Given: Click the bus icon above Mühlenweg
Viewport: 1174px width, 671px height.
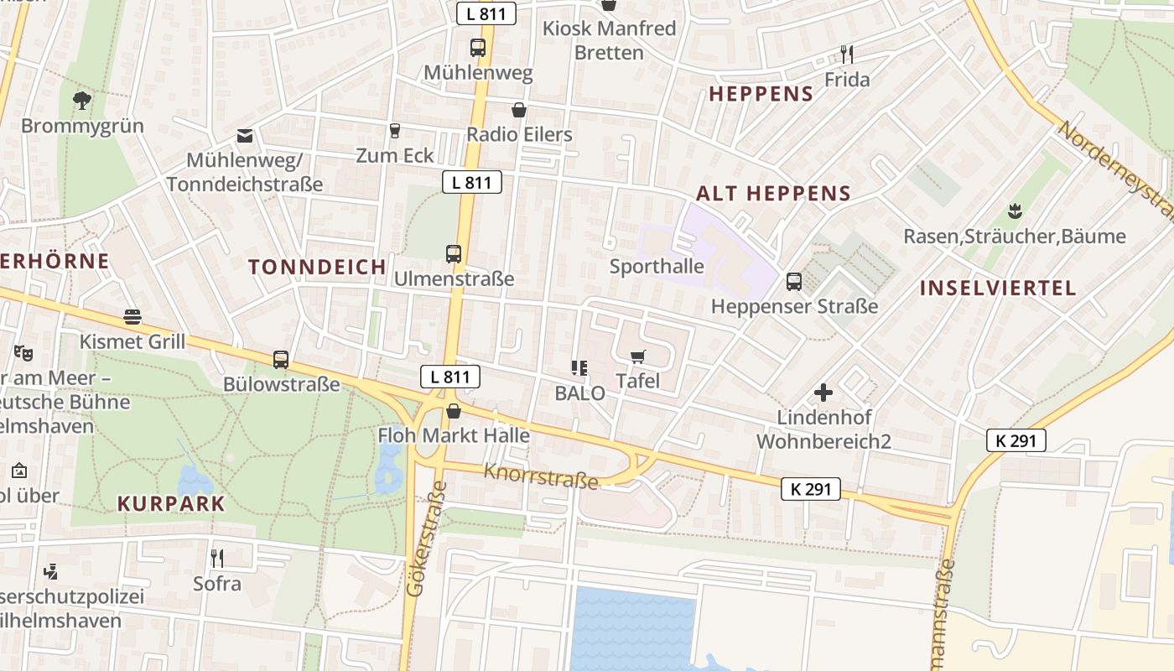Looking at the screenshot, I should [x=478, y=48].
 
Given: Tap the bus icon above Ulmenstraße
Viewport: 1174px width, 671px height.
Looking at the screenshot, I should [x=454, y=253].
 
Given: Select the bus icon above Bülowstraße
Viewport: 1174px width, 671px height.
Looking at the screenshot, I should [x=281, y=360].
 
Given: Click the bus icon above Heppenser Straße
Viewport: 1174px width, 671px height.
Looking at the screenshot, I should [x=794, y=282].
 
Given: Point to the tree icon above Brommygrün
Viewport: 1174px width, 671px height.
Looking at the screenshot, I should [x=82, y=101].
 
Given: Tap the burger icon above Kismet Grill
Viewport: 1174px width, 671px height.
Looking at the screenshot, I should [x=132, y=317].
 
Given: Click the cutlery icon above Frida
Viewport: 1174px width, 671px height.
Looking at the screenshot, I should [x=847, y=55].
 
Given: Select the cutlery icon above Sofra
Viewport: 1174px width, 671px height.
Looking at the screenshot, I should [x=217, y=558].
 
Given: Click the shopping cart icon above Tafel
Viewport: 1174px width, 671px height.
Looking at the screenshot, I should [x=638, y=356].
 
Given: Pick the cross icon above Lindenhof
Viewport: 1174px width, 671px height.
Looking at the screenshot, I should [x=823, y=392].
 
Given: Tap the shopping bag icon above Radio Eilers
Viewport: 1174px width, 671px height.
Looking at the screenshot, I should [x=519, y=110].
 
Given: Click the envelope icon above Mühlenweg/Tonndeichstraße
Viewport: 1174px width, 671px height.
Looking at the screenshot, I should [x=244, y=136].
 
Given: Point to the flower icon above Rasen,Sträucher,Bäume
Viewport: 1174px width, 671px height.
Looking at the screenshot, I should [x=1015, y=210].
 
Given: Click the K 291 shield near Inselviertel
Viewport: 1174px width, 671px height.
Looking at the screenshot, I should [x=1016, y=440].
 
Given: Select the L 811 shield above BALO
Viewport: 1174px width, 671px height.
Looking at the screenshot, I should [x=450, y=377].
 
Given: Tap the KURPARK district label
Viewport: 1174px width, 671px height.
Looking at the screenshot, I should [x=171, y=504].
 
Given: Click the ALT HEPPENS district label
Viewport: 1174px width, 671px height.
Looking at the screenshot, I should [x=773, y=194].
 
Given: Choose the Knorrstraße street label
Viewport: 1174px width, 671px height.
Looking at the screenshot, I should [x=541, y=476].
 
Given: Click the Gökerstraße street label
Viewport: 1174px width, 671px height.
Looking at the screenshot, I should [x=425, y=538].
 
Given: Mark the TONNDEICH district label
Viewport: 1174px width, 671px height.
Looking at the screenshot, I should [x=317, y=267].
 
